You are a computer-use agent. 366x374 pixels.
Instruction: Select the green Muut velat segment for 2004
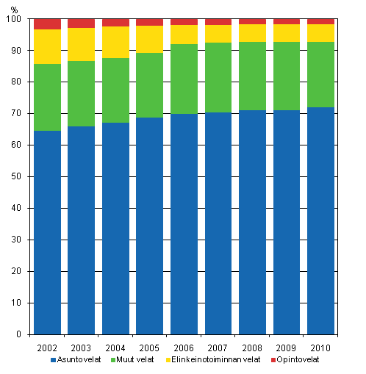coord(115,90)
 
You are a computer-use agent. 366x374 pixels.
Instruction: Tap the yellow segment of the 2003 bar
coord(82,44)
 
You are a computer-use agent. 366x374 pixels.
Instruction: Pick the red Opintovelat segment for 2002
coord(47,24)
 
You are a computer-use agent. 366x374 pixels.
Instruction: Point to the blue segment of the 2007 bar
coord(218,223)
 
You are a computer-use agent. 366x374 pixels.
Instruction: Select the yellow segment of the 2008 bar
coord(252,33)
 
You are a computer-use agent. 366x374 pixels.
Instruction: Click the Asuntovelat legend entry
coord(75,361)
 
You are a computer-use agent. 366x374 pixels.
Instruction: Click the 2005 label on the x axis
coord(150,346)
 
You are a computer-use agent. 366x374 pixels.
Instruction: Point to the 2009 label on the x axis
coord(287,346)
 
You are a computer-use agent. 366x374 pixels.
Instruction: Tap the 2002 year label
coord(47,346)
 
